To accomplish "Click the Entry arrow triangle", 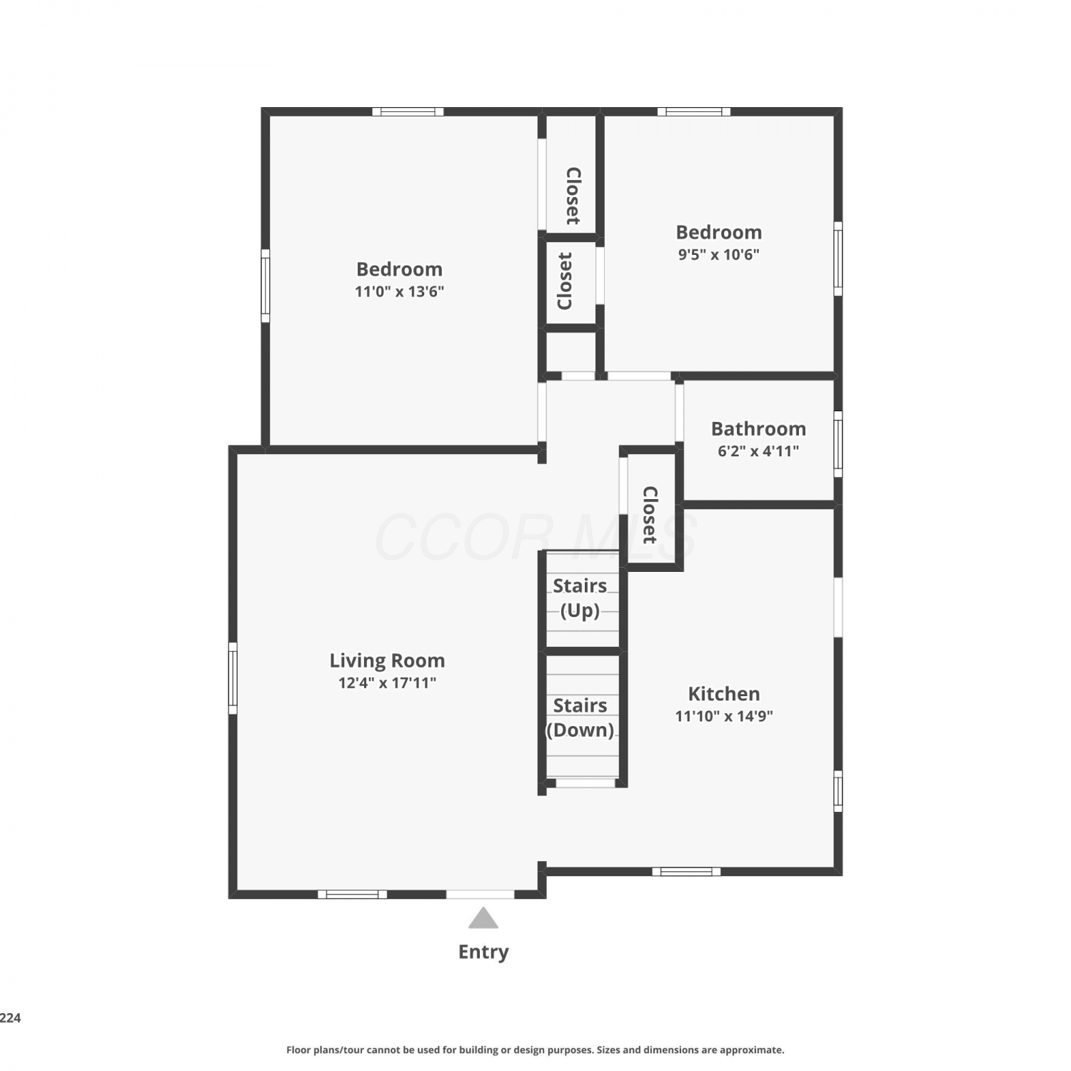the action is (483, 918).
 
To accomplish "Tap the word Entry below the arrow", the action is (483, 952).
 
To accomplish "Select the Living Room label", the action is (387, 660).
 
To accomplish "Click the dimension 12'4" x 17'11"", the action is (387, 683).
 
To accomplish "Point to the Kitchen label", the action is (724, 694).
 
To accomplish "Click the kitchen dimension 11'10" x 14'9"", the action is (724, 716).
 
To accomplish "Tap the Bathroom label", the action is (758, 429).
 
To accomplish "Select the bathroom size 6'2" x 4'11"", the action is (758, 451).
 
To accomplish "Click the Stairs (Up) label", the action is (580, 598).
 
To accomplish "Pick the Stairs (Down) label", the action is (580, 718).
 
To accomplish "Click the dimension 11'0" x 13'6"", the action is (399, 291).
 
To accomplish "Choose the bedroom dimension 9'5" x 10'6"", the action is (718, 254).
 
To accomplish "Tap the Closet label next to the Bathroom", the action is (650, 515).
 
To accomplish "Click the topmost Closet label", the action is (573, 196).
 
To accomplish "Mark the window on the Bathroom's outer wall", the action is (838, 443).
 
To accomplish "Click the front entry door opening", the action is (480, 894).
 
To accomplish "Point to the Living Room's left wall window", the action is (233, 678).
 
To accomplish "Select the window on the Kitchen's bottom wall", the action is (686, 871).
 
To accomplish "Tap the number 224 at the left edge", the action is (10, 1018).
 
